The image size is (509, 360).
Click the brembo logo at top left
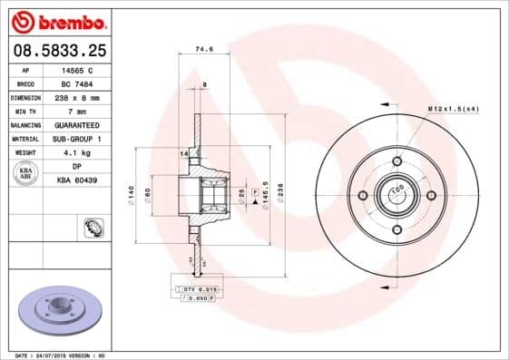point(57,19)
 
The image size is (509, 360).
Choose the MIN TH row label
point(24,110)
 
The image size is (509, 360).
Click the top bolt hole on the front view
point(396,161)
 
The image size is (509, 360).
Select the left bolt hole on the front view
point(363,195)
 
